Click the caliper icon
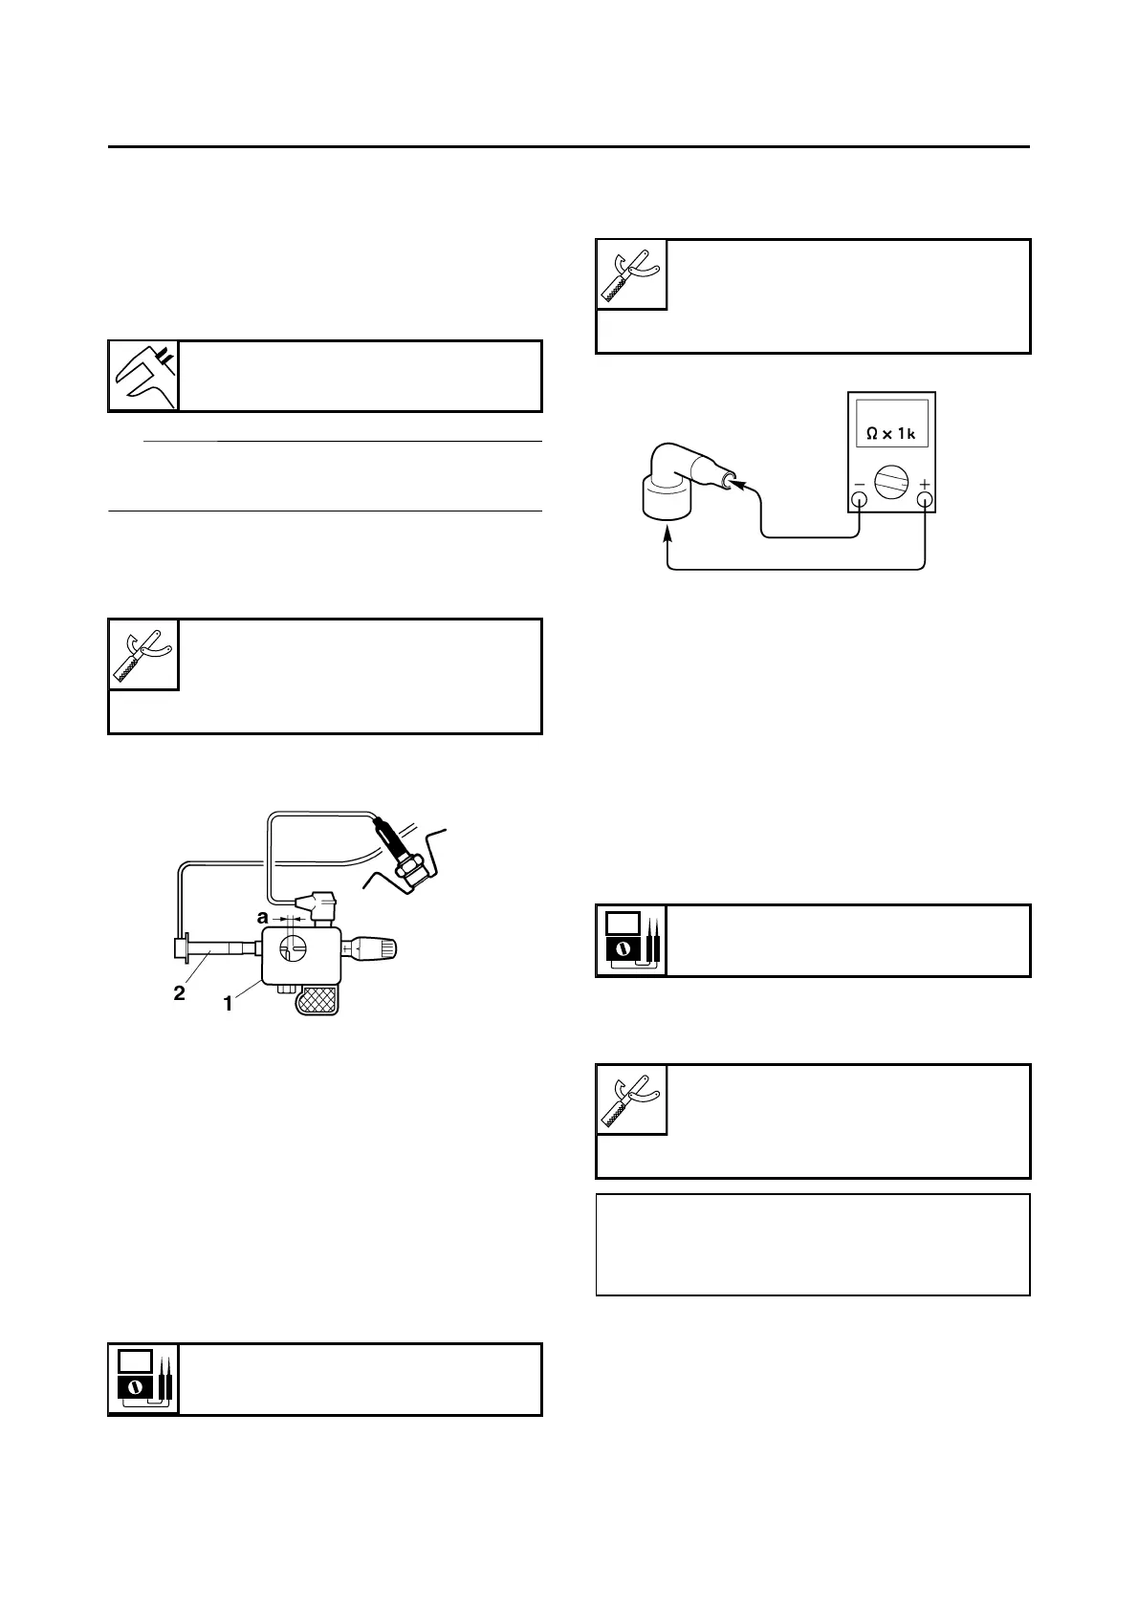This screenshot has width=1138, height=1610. (143, 376)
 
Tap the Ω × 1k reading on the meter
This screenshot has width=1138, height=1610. (890, 433)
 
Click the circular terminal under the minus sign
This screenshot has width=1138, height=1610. (860, 499)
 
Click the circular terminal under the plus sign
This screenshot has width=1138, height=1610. (924, 499)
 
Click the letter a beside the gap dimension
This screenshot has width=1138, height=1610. (262, 917)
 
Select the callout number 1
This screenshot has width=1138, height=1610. (228, 1005)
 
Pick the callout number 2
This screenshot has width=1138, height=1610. (179, 993)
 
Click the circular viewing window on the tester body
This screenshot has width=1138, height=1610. (294, 948)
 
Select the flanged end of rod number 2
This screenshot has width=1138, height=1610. (180, 949)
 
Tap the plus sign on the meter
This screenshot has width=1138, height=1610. (924, 485)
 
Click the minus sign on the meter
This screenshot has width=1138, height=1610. (859, 485)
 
